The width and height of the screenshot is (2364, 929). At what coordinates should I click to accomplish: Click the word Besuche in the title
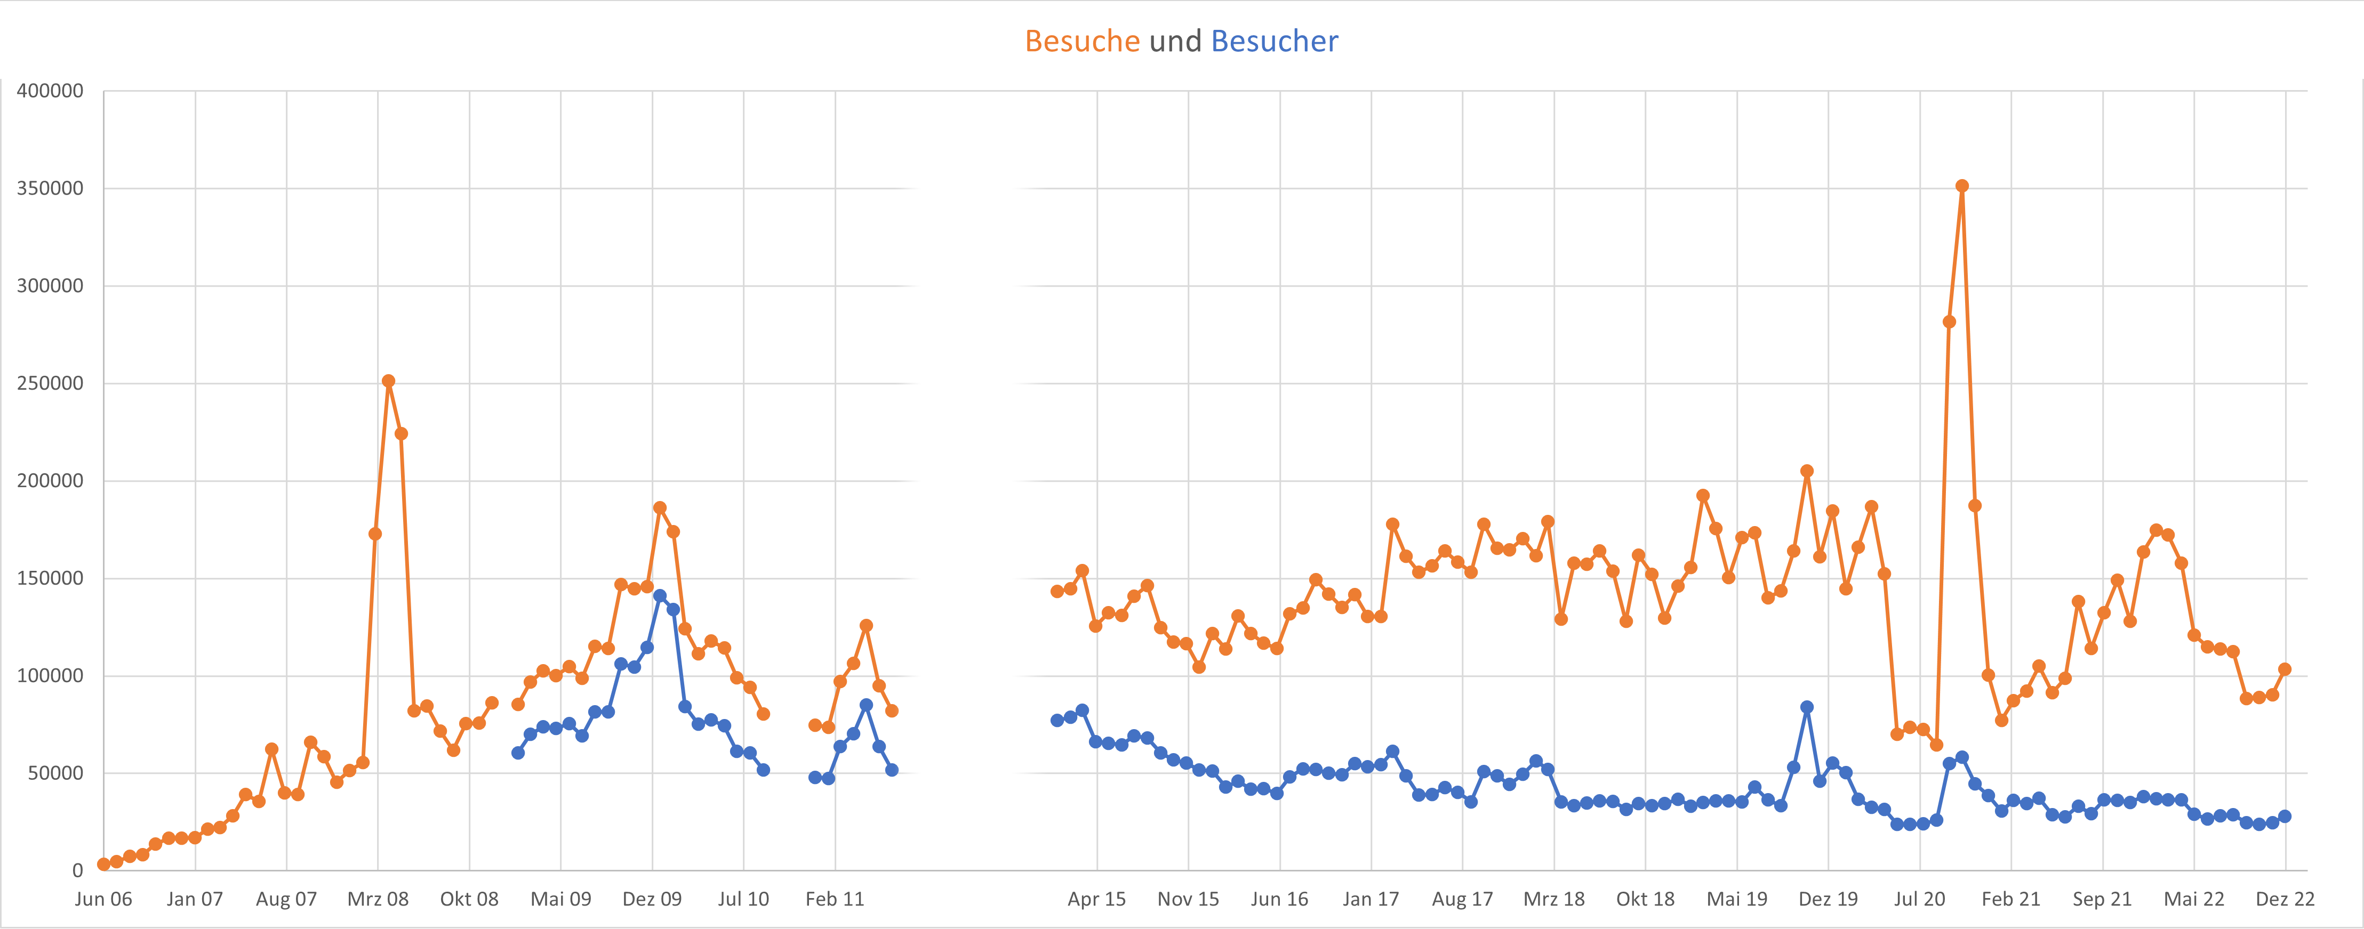[x=1082, y=41]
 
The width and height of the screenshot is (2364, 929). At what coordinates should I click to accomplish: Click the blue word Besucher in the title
[x=1274, y=41]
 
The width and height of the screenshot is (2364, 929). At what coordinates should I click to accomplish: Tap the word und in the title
[x=1175, y=41]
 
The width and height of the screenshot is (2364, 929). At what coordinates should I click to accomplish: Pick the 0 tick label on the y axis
[x=77, y=870]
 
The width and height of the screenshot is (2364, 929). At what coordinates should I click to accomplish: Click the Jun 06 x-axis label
[x=103, y=899]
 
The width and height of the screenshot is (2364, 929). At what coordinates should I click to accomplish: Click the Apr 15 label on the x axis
[x=1096, y=899]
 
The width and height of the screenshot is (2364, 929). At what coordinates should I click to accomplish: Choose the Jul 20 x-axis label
[x=1919, y=899]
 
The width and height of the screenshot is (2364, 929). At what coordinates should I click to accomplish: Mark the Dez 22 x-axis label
[x=2284, y=899]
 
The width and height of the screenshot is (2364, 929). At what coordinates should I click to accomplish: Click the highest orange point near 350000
[x=1962, y=186]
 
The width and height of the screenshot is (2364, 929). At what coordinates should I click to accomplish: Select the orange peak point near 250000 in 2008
[x=388, y=381]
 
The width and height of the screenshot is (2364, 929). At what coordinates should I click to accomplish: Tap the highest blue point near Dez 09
[x=660, y=596]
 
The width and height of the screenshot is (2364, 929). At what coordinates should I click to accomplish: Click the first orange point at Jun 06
[x=103, y=864]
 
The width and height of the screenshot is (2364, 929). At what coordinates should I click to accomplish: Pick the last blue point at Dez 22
[x=2284, y=816]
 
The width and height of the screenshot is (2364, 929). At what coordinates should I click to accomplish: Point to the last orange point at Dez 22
[x=2284, y=669]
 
